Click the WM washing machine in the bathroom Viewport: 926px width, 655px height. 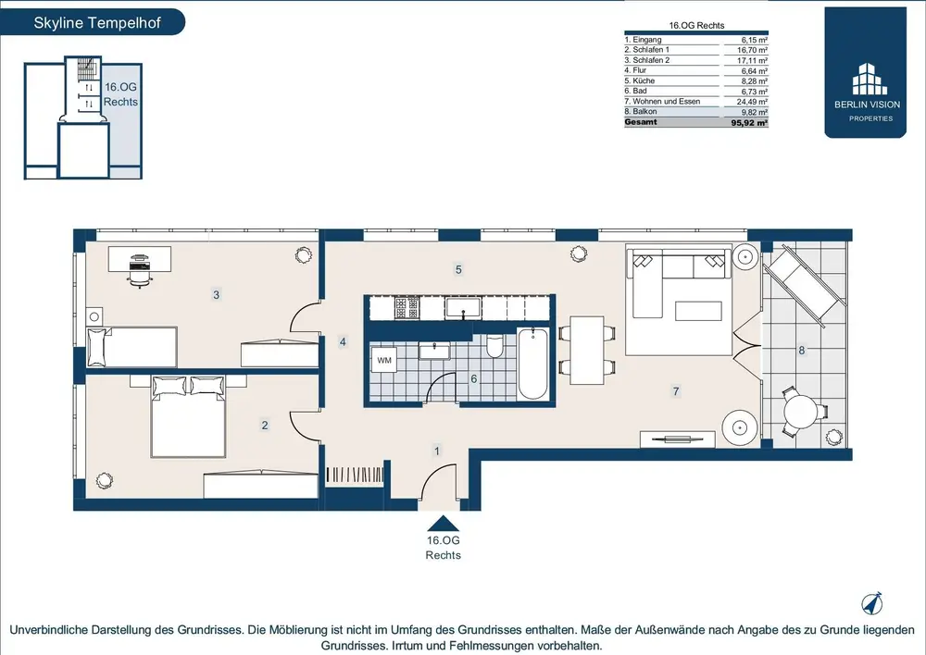coord(384,360)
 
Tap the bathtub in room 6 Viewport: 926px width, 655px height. coord(532,364)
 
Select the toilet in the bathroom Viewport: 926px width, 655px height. coord(494,346)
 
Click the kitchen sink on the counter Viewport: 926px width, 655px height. coord(464,308)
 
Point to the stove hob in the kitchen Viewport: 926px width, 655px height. coord(407,307)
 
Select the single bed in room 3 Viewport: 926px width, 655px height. coord(131,347)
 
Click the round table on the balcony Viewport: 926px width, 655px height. coord(801,412)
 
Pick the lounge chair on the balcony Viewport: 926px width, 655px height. coord(805,285)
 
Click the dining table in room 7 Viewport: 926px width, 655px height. coord(587,351)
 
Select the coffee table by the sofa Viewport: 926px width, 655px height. coord(698,311)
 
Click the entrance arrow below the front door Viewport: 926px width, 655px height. coord(443,524)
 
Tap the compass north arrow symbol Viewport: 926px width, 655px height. coord(872,603)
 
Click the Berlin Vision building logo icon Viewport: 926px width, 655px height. coord(870,79)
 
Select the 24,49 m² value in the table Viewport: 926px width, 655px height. coord(752,102)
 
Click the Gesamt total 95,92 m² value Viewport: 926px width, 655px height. coord(749,123)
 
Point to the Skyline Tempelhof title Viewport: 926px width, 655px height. coord(97,23)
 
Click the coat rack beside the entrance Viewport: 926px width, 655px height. coord(355,475)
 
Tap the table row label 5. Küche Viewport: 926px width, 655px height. coord(640,80)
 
